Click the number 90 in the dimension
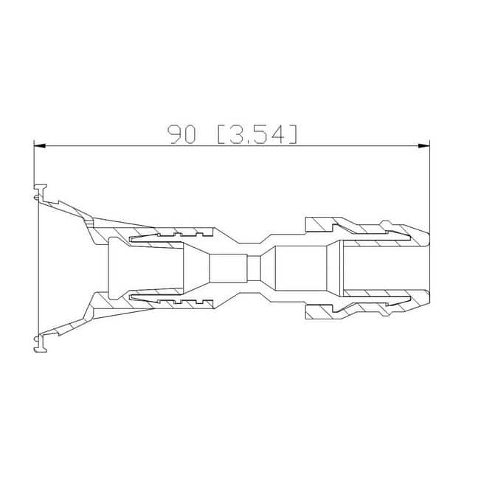[181, 134]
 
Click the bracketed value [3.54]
[257, 134]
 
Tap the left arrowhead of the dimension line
[40, 145]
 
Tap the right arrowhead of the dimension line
[423, 145]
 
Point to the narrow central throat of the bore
[254, 268]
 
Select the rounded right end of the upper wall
[427, 239]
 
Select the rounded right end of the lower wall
[427, 298]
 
